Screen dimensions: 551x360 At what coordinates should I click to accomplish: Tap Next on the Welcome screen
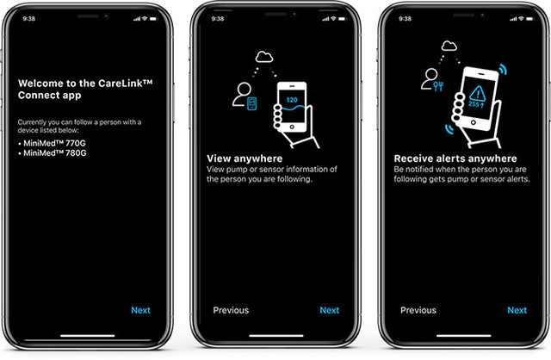coord(140,310)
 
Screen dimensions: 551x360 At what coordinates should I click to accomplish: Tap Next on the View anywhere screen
coord(329,310)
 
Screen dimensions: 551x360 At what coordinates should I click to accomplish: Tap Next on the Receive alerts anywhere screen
coord(517,310)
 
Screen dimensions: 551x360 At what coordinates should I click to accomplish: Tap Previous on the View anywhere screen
coord(231,310)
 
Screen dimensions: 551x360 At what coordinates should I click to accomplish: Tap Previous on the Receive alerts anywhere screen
coord(418,310)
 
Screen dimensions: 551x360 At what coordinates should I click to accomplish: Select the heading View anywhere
coord(245,158)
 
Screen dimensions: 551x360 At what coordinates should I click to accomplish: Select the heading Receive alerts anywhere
coord(455,158)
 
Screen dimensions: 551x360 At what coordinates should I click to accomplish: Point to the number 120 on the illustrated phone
coord(292,100)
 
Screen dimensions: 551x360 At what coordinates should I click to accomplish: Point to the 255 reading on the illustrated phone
coord(474,104)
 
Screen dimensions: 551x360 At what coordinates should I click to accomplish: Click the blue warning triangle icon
coord(478,94)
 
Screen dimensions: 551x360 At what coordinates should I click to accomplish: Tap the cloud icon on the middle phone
coord(264,57)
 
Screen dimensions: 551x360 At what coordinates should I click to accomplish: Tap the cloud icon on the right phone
coord(449,46)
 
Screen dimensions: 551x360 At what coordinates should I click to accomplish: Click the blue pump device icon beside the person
coord(252,103)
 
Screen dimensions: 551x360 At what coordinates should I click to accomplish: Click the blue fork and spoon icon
coord(438,86)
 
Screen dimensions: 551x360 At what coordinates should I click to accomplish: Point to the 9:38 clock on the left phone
coord(28,19)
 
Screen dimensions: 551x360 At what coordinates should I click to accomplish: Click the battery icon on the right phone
coord(530,19)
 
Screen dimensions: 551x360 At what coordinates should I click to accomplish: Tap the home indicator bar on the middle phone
coord(276,336)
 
